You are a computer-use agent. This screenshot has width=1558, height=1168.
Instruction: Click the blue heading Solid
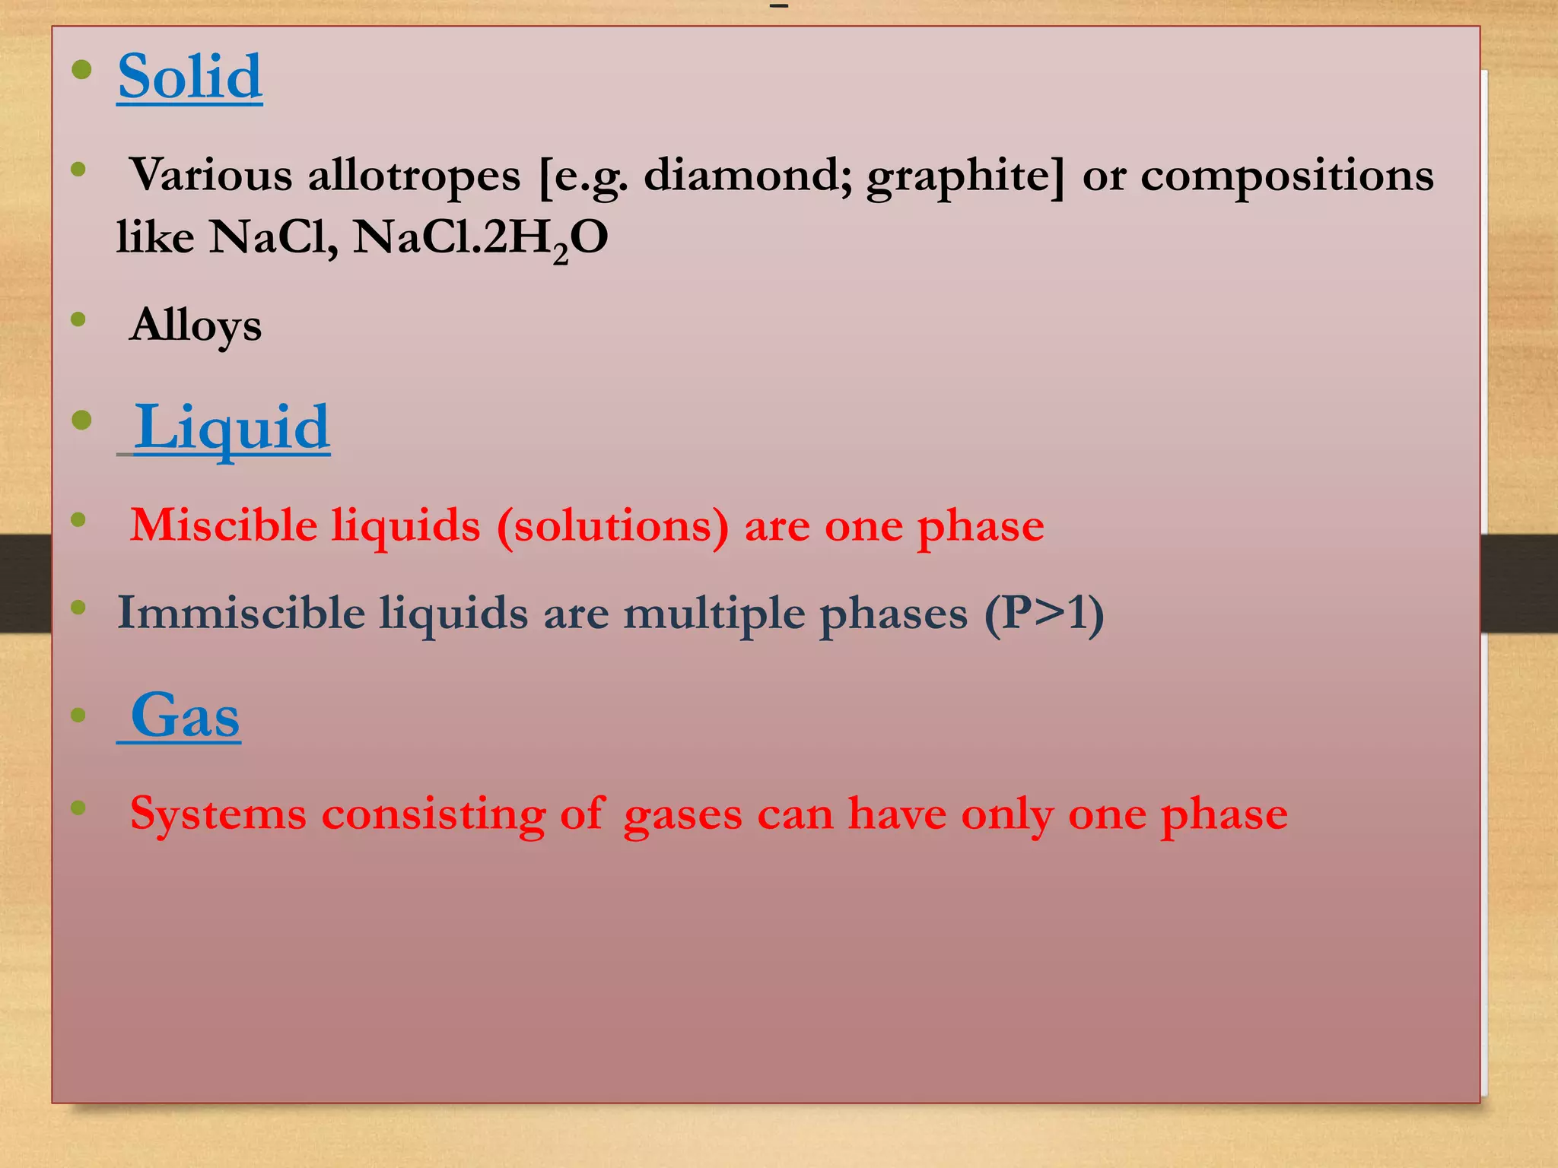(190, 77)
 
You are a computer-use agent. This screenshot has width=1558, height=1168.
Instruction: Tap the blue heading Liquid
(232, 427)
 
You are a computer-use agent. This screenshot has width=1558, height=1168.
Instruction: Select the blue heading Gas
(185, 716)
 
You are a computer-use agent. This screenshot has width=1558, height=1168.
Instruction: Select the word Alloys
(196, 325)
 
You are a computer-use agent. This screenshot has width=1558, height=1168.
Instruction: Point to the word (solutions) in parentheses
(612, 526)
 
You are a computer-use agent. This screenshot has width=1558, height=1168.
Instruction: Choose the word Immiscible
(240, 613)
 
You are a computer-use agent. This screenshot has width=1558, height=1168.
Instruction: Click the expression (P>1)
(1044, 613)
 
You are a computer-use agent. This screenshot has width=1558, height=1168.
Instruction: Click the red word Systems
(218, 814)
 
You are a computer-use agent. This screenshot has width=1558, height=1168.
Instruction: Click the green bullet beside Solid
(81, 71)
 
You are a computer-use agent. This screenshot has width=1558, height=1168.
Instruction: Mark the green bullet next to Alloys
(78, 319)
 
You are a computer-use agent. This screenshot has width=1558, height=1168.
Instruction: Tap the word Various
(211, 175)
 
